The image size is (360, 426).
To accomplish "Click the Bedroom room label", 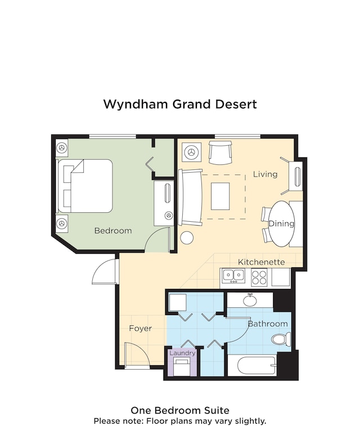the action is pyautogui.click(x=113, y=231).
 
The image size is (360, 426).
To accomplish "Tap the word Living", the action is pyautogui.click(x=265, y=174).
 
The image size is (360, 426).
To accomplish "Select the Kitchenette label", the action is pyautogui.click(x=261, y=262).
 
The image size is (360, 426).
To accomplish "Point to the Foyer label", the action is pyautogui.click(x=140, y=329).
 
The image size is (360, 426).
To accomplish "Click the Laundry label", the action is pyautogui.click(x=182, y=353).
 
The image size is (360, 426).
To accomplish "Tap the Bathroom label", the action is pyautogui.click(x=268, y=324).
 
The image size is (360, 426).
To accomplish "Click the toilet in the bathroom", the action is pyautogui.click(x=281, y=339).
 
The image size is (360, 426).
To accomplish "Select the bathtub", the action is pyautogui.click(x=256, y=366).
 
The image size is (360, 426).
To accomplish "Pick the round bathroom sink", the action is pyautogui.click(x=250, y=300).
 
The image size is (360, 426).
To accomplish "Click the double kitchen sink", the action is pyautogui.click(x=233, y=276).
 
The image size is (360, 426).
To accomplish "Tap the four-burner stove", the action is pyautogui.click(x=259, y=277).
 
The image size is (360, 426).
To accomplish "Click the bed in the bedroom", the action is pyautogui.click(x=85, y=186).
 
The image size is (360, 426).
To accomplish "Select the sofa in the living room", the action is pyautogui.click(x=190, y=198).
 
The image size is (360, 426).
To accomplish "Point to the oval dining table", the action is pyautogui.click(x=282, y=224).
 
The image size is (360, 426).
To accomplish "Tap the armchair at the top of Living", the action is pyautogui.click(x=220, y=153).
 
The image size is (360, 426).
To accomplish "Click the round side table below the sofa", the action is pyautogui.click(x=187, y=237).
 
